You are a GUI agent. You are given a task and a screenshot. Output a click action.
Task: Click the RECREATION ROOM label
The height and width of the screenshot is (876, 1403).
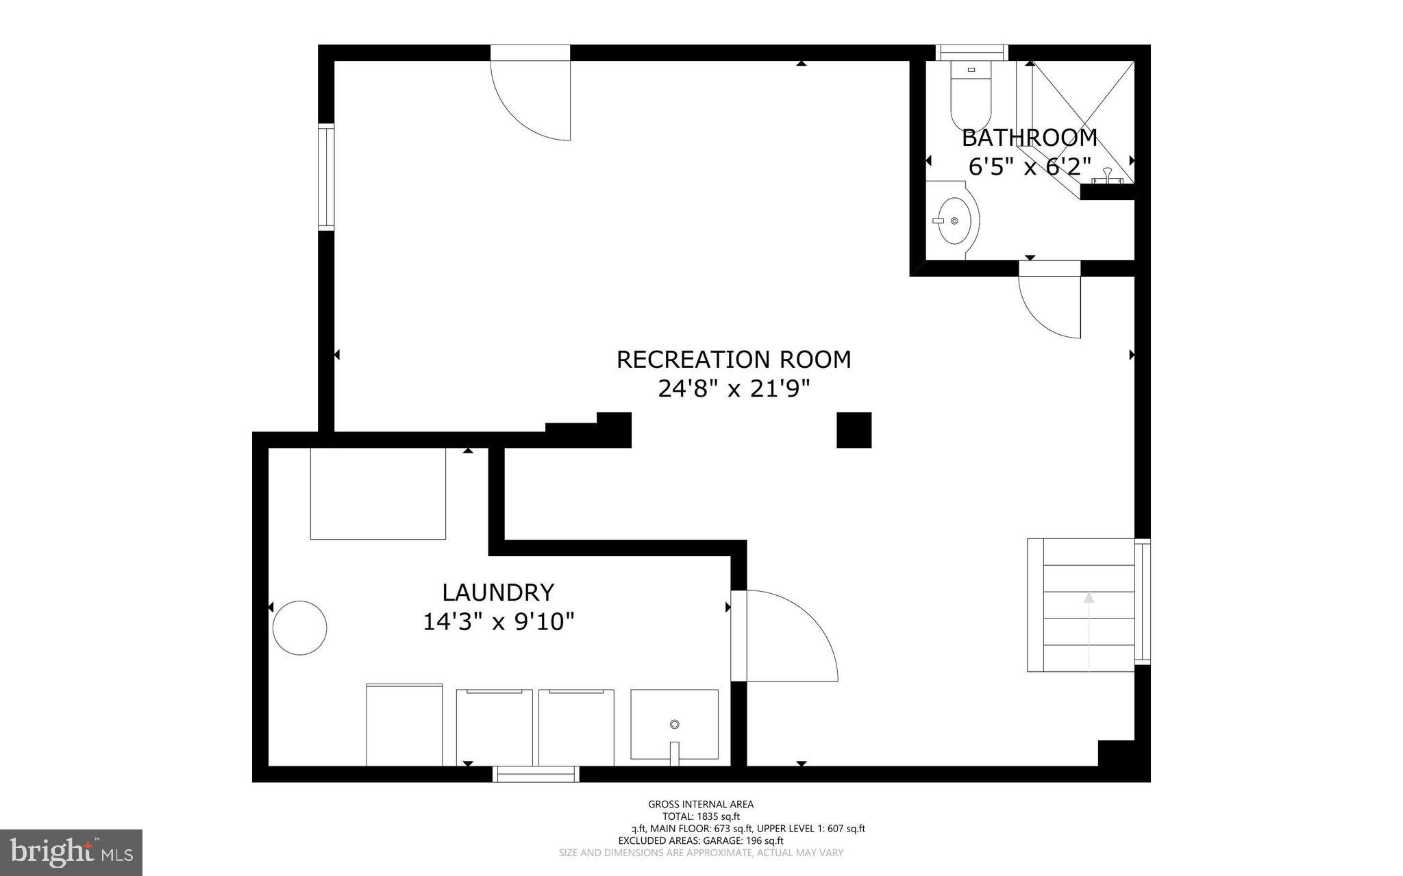pyautogui.click(x=734, y=360)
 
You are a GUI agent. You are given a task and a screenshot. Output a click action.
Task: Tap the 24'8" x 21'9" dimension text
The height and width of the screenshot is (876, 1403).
pyautogui.click(x=734, y=389)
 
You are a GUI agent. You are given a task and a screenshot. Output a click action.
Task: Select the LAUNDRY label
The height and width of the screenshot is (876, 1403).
pyautogui.click(x=498, y=592)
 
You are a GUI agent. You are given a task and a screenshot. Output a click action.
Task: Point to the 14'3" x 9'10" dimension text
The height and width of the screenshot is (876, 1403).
pyautogui.click(x=498, y=622)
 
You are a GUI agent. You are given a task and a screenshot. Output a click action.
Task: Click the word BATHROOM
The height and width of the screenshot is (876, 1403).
pyautogui.click(x=1030, y=138)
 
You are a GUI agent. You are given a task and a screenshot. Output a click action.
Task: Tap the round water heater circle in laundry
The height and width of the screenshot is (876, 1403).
pyautogui.click(x=299, y=628)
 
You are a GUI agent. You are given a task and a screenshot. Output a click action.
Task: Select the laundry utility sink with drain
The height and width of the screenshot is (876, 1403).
pyautogui.click(x=674, y=725)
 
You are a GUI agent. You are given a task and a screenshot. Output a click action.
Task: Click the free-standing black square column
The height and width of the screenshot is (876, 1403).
pyautogui.click(x=854, y=430)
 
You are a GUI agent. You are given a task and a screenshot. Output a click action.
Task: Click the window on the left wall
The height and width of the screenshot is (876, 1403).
pyautogui.click(x=326, y=177)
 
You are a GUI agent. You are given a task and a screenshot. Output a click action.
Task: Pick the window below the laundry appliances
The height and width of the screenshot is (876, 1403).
pyautogui.click(x=536, y=774)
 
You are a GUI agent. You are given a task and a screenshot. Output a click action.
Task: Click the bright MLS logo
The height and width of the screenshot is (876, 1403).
pyautogui.click(x=71, y=852)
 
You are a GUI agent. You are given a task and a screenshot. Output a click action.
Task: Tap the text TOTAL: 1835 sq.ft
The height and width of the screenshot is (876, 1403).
pyautogui.click(x=701, y=816)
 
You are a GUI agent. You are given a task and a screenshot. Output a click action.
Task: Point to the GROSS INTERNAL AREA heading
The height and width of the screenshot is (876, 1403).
pyautogui.click(x=701, y=804)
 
